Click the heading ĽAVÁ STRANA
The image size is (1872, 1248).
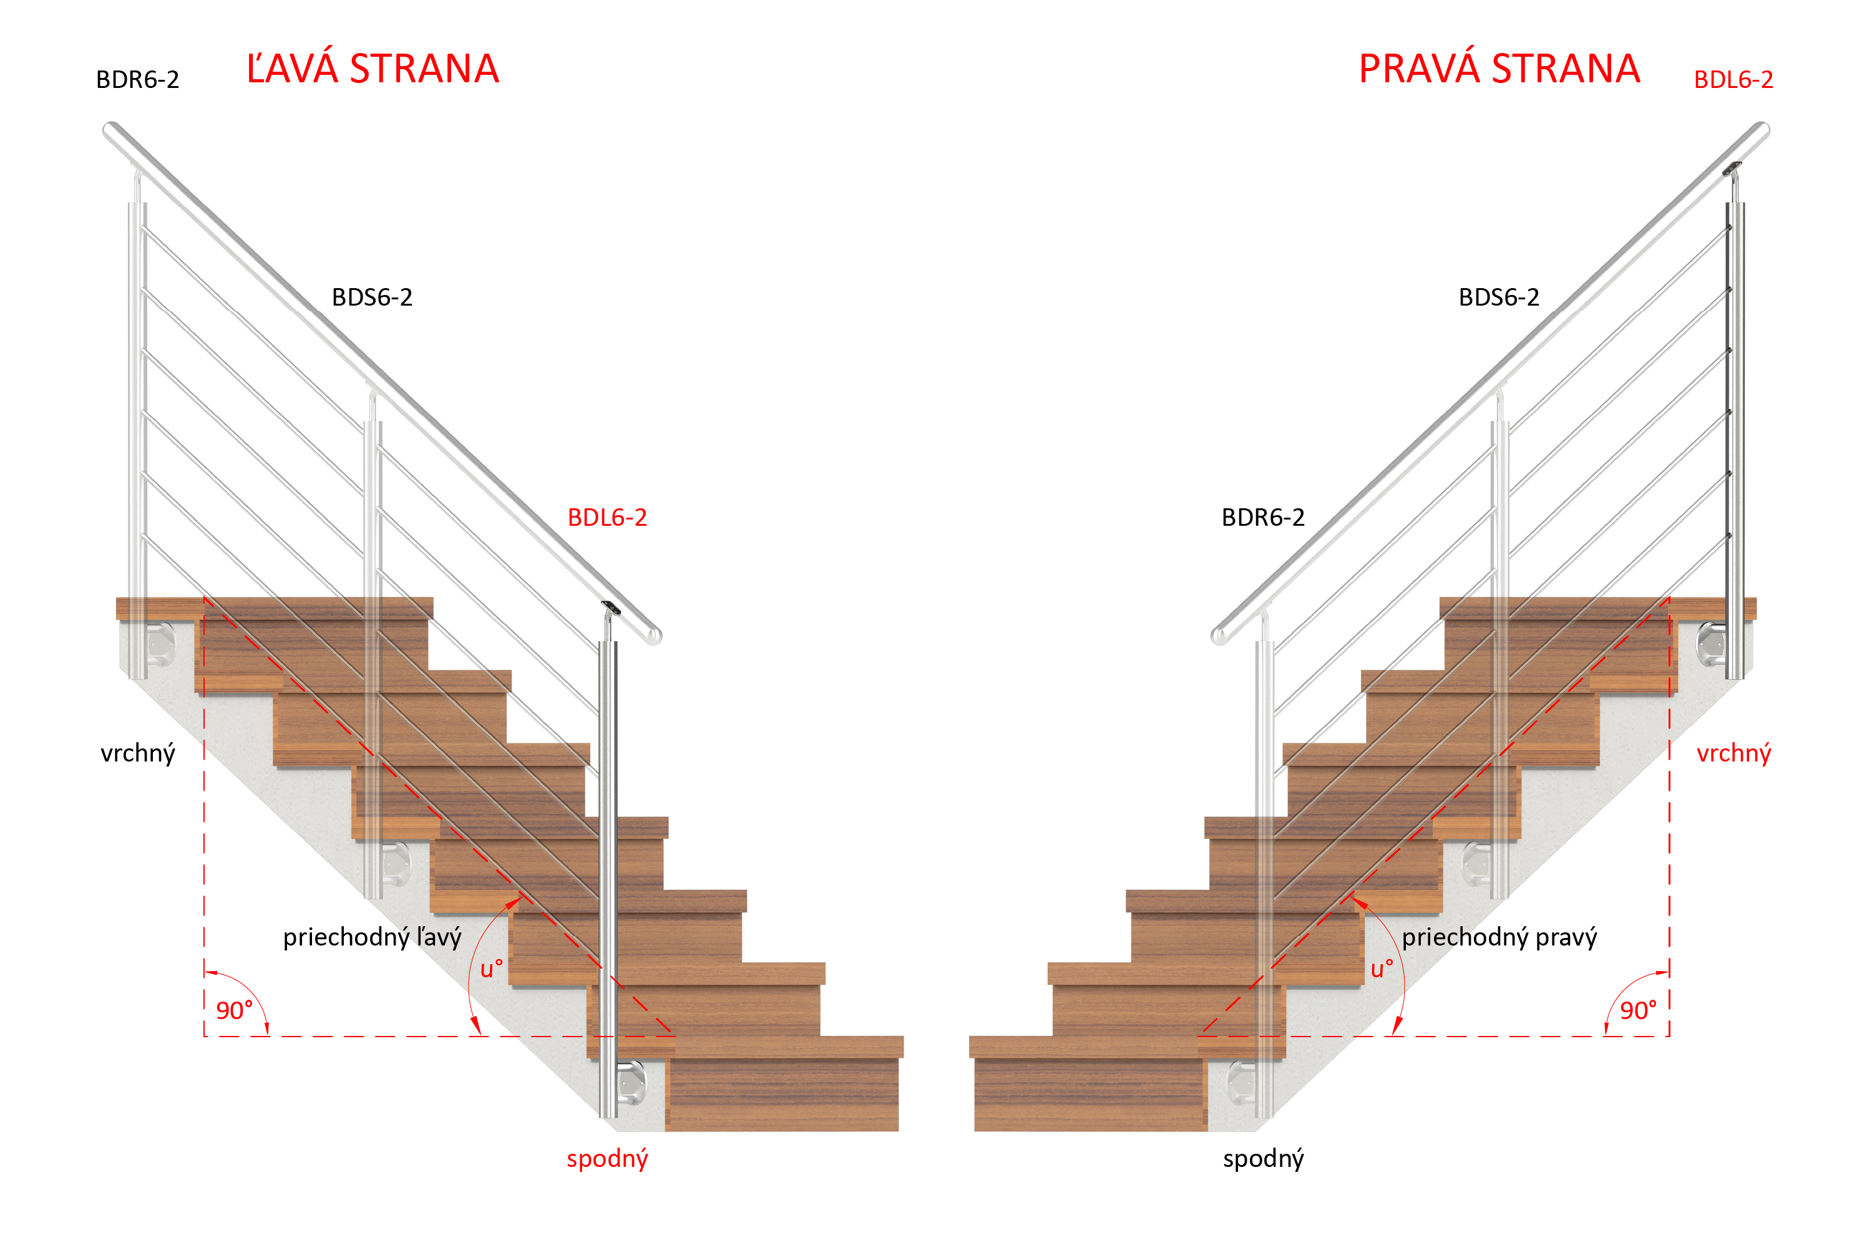click(373, 69)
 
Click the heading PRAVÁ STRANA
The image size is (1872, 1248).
click(1499, 69)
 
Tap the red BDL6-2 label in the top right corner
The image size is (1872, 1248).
click(1733, 80)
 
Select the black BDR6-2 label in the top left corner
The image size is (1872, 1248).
click(138, 80)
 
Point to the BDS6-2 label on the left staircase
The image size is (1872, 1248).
click(372, 297)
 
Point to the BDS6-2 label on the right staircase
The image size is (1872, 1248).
click(1499, 297)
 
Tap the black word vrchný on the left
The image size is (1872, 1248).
click(138, 753)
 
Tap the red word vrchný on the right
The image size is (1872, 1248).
click(1733, 753)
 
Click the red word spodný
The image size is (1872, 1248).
click(607, 1159)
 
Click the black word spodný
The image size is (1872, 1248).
click(1263, 1159)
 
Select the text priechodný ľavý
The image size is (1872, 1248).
click(372, 937)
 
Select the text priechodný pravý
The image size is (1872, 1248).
click(1499, 937)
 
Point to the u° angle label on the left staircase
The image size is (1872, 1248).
click(491, 969)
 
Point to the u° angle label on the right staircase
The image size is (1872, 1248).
click(1382, 969)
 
